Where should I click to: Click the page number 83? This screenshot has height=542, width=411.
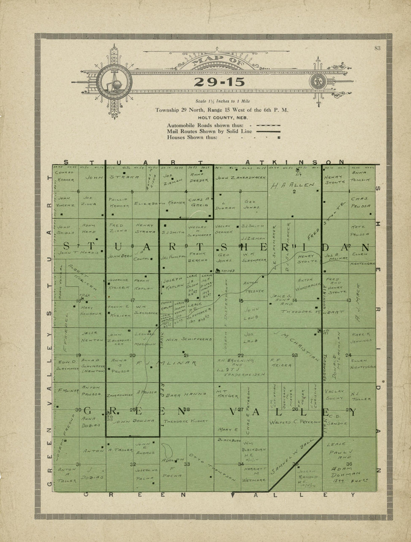377,47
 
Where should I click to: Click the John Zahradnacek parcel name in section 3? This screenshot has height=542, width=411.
241,178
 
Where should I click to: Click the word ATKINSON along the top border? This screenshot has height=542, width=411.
294,162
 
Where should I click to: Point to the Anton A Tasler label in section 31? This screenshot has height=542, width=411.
66,475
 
